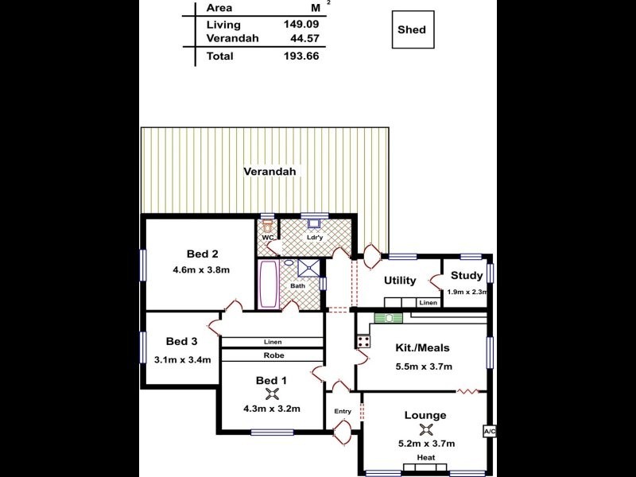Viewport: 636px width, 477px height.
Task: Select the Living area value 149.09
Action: pos(301,25)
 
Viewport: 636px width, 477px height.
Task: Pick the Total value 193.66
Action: pos(301,56)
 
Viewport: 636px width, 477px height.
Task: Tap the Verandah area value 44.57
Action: pos(305,38)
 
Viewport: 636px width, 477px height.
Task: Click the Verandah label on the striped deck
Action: pos(270,172)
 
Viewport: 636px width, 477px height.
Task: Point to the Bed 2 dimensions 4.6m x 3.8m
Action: pos(201,270)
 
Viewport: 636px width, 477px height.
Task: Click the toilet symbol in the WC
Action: pos(267,225)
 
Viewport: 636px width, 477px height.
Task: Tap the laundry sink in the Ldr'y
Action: pos(314,223)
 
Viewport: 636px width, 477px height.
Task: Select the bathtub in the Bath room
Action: pos(269,284)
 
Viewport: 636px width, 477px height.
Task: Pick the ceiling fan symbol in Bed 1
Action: pos(272,394)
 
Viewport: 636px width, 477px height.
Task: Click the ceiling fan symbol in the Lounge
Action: pos(426,429)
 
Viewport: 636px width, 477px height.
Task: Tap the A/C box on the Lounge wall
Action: pos(490,432)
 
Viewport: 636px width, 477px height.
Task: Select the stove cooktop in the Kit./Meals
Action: pos(363,342)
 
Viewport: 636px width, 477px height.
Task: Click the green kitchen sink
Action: pos(389,319)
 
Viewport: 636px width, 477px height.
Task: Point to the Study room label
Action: pos(467,276)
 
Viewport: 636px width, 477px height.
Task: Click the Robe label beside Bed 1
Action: pos(273,355)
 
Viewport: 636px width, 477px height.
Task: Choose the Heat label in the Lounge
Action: pos(426,458)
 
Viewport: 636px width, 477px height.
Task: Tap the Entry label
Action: pos(343,411)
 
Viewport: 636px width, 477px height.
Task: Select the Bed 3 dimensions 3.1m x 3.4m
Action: pos(183,360)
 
